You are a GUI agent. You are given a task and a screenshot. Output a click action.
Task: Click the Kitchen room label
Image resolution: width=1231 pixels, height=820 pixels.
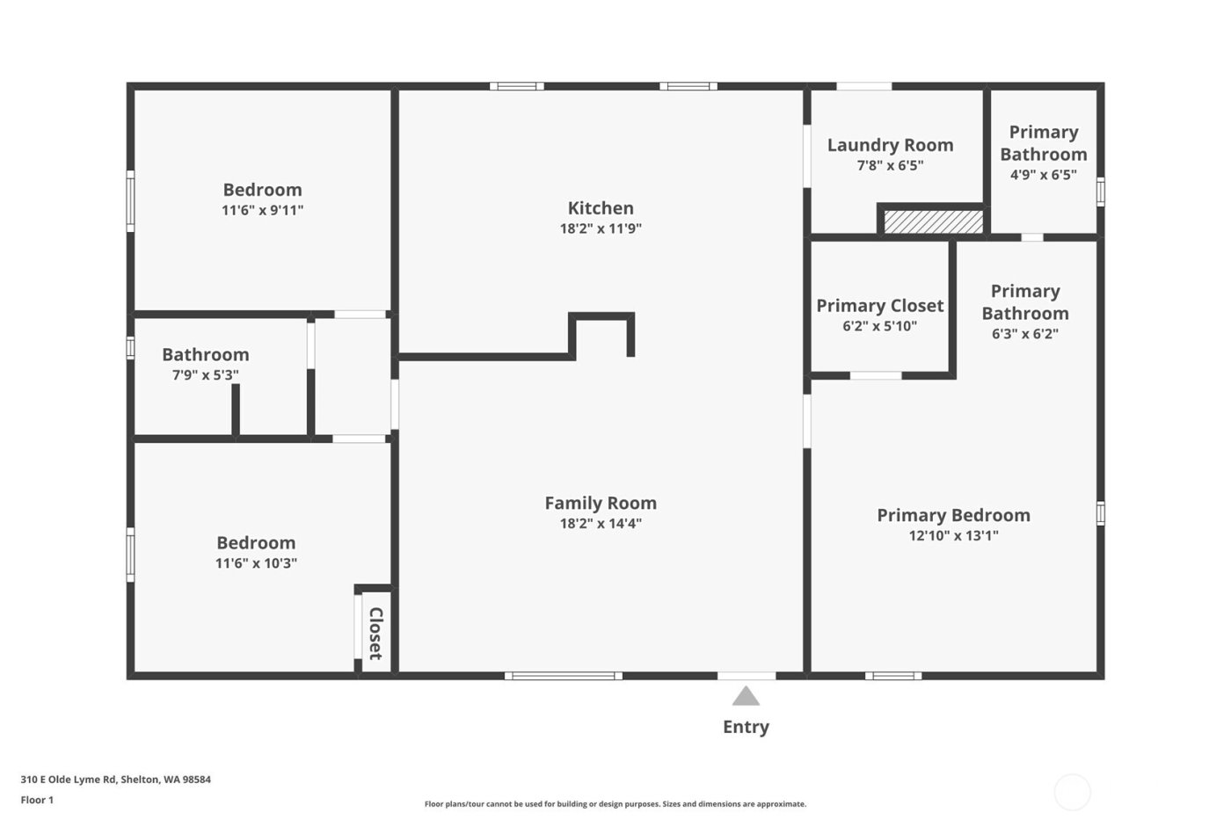(x=601, y=208)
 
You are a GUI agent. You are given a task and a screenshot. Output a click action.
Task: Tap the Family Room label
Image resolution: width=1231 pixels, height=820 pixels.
(x=601, y=503)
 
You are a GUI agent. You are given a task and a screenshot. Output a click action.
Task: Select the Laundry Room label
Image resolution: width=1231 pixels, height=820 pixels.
(x=890, y=145)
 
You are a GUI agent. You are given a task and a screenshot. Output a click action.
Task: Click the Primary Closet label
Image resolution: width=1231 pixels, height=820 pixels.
(x=879, y=306)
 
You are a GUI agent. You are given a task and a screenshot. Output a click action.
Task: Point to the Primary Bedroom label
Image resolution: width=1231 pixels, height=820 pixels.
(x=953, y=515)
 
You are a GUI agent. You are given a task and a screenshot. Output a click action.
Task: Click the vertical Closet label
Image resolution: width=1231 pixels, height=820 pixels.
(x=375, y=633)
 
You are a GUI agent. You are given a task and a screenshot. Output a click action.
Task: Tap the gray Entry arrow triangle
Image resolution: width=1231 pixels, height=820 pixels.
(x=746, y=697)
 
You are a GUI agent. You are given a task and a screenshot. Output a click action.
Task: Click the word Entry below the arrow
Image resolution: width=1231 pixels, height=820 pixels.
(x=746, y=727)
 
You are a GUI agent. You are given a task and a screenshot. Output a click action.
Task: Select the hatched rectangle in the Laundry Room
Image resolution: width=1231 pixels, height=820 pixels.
(x=933, y=221)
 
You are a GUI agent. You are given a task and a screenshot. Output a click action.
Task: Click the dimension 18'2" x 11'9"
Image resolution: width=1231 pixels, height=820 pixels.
(x=601, y=229)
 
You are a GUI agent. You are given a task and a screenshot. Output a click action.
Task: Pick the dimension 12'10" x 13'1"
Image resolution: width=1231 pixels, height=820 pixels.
(x=953, y=535)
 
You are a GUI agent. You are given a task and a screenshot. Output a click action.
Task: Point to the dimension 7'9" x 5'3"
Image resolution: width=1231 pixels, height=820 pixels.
(x=205, y=375)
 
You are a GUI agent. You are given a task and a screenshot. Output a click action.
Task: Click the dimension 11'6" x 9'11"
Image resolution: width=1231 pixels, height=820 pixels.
(x=262, y=210)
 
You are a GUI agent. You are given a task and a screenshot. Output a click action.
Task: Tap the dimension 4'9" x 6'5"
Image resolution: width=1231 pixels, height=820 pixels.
(x=1043, y=174)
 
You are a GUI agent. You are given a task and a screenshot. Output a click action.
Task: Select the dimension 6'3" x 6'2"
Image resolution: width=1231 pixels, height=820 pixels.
(x=1024, y=334)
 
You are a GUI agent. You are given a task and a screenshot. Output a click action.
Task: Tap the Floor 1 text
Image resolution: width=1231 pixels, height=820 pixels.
(x=37, y=800)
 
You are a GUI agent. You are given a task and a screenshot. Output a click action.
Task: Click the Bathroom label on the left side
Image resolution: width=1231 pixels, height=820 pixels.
(x=205, y=355)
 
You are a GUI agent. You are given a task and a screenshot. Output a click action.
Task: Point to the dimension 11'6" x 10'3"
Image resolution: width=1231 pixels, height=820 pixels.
(x=256, y=563)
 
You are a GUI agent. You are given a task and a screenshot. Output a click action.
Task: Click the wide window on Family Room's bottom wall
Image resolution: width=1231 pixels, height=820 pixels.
(x=564, y=676)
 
